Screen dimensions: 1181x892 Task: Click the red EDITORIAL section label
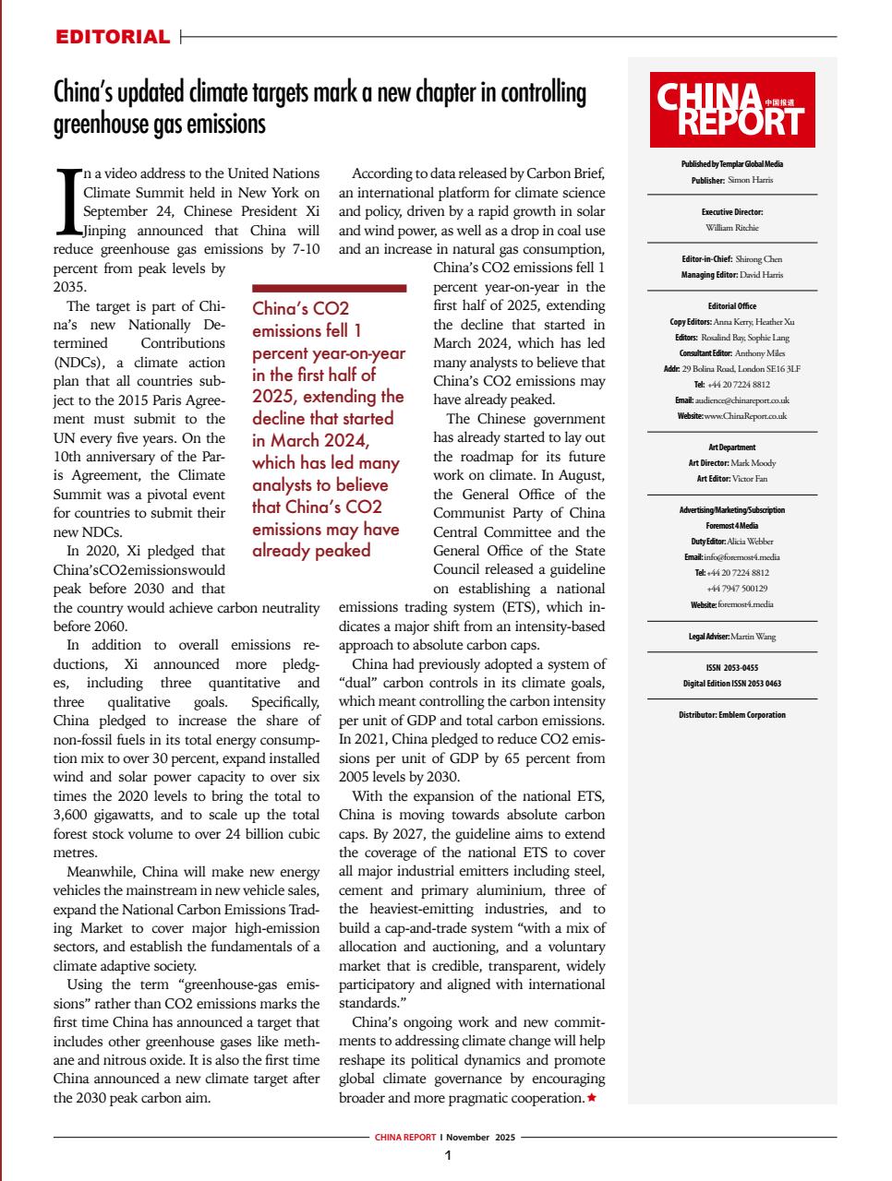coord(113,37)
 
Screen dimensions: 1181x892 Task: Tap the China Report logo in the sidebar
coord(731,110)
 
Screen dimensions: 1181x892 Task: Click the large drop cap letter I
coord(68,201)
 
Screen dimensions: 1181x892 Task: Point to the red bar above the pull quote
coord(329,289)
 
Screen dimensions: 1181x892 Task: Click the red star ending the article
coord(591,1098)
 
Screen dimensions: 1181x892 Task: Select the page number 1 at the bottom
coord(446,1155)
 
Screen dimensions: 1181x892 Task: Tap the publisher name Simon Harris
coord(750,180)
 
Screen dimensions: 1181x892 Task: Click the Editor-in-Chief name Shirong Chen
coord(758,259)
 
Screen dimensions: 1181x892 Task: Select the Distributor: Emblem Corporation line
coord(731,715)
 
